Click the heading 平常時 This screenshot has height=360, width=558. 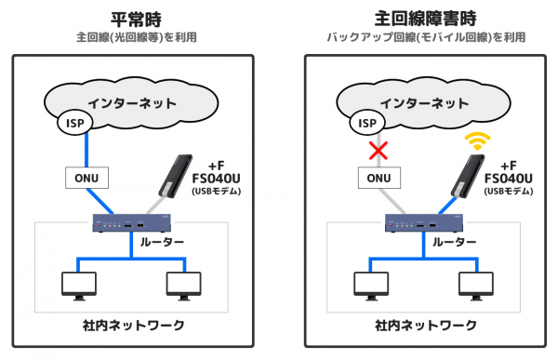point(137,20)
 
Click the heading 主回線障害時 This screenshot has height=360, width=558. point(426,19)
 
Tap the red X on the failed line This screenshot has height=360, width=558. point(379,151)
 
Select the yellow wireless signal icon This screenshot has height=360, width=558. point(478,141)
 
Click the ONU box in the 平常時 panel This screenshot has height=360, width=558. point(86,178)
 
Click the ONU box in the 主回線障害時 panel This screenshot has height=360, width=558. point(379,178)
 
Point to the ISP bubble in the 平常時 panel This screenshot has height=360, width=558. point(75,123)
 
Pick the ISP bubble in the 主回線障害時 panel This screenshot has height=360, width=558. point(367,123)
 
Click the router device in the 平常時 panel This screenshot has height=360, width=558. point(132,223)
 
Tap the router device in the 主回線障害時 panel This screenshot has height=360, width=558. point(424,223)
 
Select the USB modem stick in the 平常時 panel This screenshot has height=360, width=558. point(175,176)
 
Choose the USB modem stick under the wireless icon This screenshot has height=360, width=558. point(468,176)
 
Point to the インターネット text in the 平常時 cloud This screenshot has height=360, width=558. point(132,103)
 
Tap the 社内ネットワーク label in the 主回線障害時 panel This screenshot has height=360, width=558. point(426,326)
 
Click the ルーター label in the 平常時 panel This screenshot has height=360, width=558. point(162,242)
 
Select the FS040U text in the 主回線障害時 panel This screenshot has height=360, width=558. point(509,178)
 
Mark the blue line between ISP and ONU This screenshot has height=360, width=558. point(86,151)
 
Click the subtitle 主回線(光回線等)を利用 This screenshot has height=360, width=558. point(137,37)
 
